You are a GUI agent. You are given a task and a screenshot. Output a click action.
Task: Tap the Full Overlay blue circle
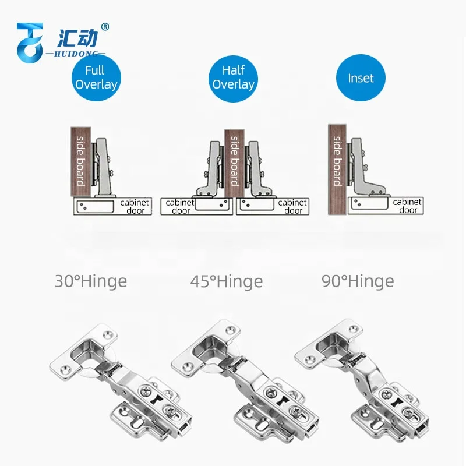tap(96, 77)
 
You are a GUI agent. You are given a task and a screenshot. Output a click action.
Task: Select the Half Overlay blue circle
tap(233, 77)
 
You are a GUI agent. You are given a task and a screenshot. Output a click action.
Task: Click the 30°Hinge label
tap(90, 281)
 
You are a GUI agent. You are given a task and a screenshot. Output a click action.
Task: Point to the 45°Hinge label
tap(226, 282)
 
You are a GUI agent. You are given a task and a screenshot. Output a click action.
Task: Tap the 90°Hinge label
tap(358, 281)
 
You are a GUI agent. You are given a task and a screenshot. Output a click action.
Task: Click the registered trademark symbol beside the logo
tap(105, 27)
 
